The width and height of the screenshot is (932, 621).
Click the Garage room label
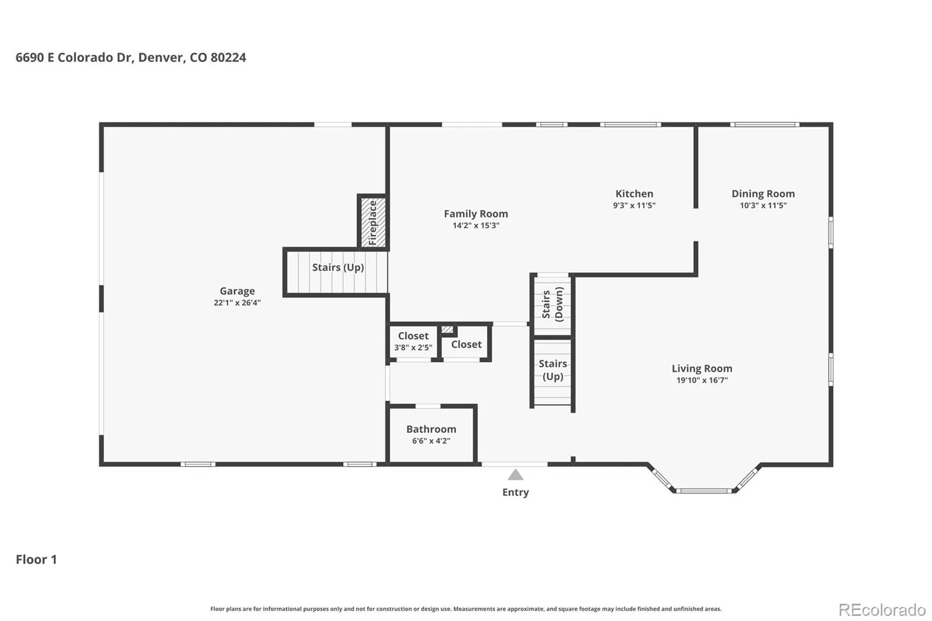[237, 291]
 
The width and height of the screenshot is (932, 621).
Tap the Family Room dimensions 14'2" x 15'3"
[476, 225]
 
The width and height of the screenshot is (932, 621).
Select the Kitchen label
[634, 193]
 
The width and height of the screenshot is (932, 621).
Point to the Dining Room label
[763, 193]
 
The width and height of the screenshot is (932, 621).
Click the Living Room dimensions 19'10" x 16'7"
[702, 380]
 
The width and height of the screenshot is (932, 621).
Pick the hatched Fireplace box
[373, 223]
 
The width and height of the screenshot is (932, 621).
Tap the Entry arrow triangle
[516, 475]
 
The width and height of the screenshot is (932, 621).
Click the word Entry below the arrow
[516, 492]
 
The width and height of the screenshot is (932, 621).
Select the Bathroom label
[431, 429]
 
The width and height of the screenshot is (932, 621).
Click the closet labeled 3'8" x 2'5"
[413, 341]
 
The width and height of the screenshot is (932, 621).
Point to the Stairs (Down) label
[553, 305]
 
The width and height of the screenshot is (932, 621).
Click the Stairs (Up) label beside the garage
[338, 267]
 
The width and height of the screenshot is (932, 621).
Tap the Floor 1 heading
[36, 559]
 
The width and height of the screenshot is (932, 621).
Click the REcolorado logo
[882, 610]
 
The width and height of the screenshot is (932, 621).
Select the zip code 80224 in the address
[228, 58]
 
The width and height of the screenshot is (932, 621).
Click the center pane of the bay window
[704, 491]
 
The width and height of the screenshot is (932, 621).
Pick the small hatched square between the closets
[447, 330]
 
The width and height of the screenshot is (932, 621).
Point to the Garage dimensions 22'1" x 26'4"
[237, 303]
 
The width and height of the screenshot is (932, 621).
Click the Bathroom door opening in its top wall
[428, 406]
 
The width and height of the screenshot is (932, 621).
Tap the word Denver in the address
[161, 58]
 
